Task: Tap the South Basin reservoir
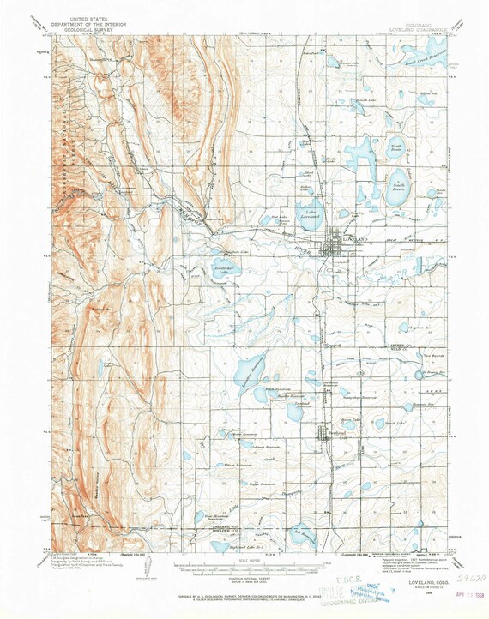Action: tap(397, 188)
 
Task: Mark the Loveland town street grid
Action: tap(331, 248)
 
